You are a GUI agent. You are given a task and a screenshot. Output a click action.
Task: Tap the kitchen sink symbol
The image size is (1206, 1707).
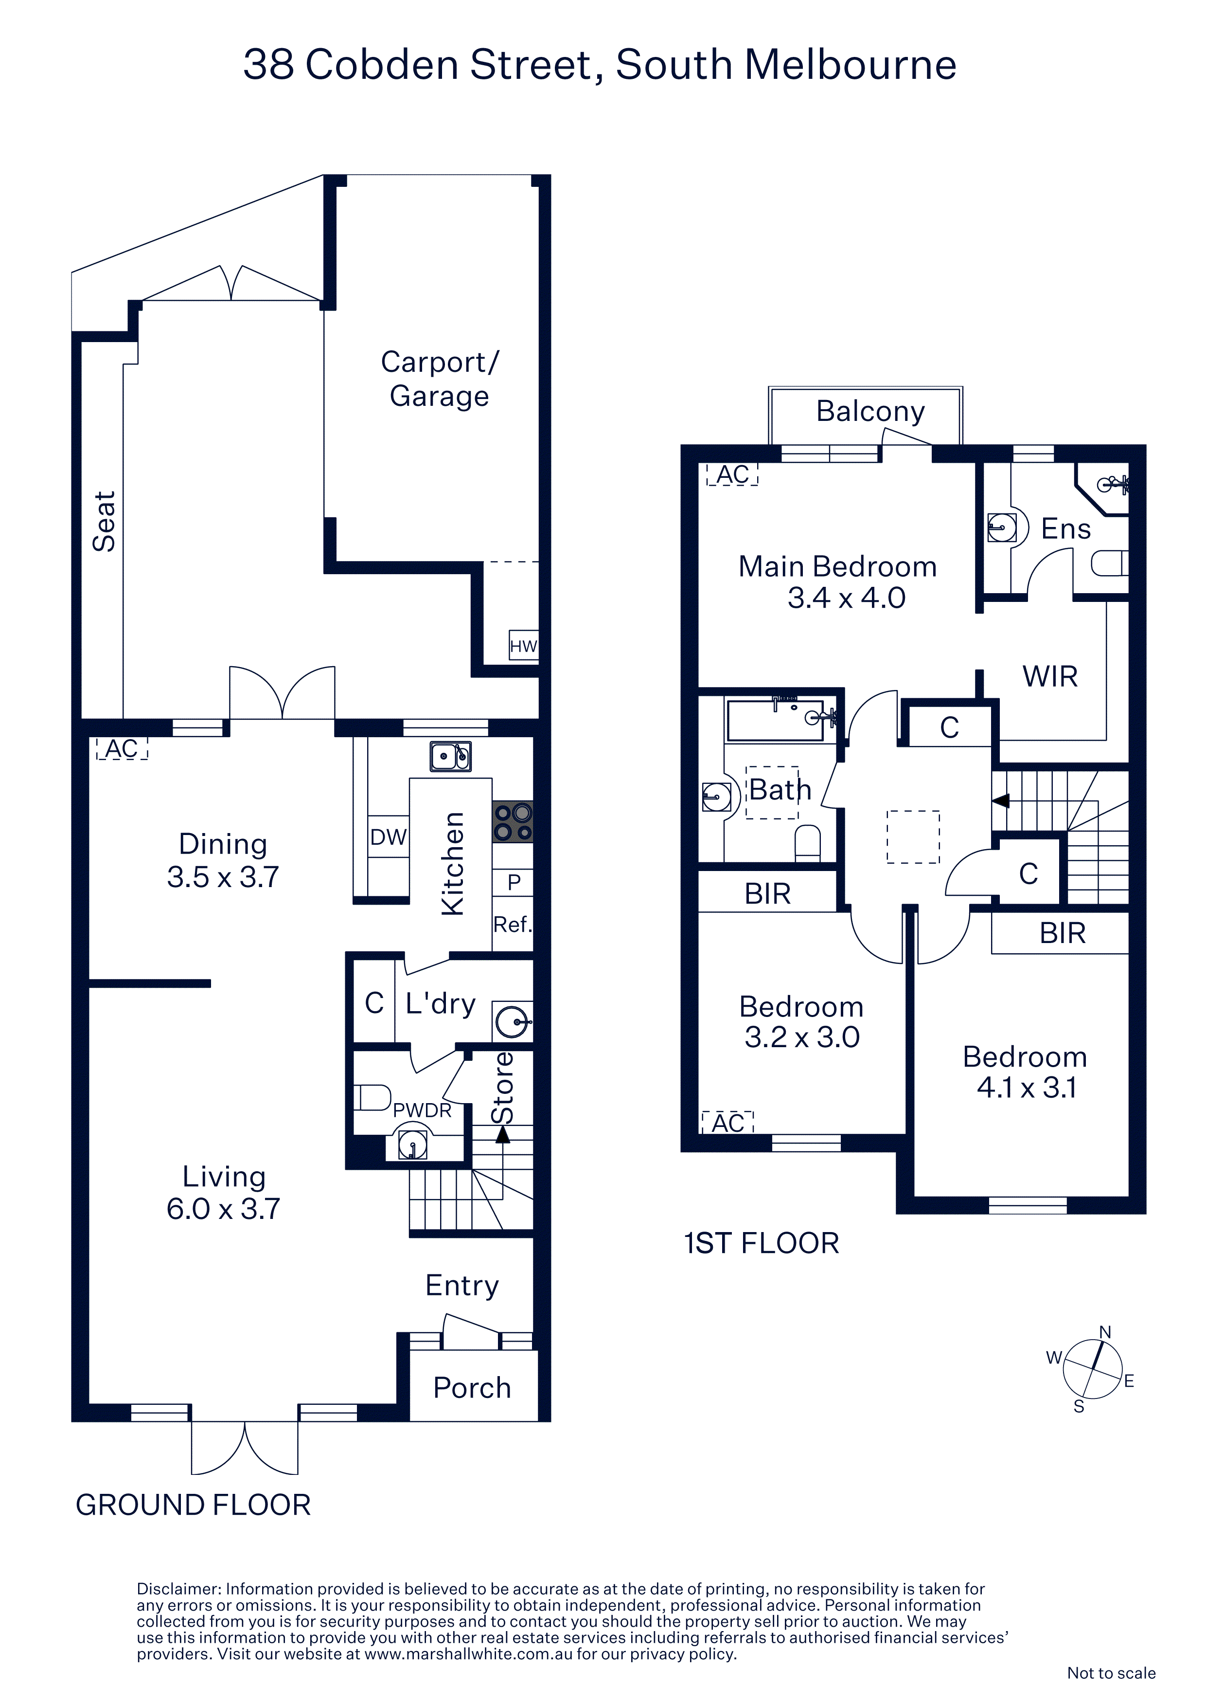[450, 756]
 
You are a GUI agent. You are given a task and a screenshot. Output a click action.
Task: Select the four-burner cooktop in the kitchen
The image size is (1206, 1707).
[513, 821]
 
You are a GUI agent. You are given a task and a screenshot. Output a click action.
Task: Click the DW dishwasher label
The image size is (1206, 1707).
[389, 837]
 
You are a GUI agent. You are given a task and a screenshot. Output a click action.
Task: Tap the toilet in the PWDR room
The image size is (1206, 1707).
[372, 1097]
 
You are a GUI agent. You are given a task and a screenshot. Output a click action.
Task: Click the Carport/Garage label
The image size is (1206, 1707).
[440, 379]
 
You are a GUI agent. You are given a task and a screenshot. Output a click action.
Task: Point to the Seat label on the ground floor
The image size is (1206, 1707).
[104, 521]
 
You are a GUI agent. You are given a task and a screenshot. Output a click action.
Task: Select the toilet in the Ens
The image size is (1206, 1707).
[1109, 563]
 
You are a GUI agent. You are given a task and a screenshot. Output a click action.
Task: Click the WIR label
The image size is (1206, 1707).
[1050, 676]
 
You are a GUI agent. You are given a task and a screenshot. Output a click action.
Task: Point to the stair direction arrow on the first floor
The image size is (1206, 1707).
[1001, 801]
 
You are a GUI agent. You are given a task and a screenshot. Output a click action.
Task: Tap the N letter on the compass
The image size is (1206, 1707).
[1105, 1331]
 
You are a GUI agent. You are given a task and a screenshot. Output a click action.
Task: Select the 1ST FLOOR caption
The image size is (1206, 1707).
[762, 1243]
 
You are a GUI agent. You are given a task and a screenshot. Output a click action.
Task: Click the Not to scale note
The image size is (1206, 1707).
[1111, 1673]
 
